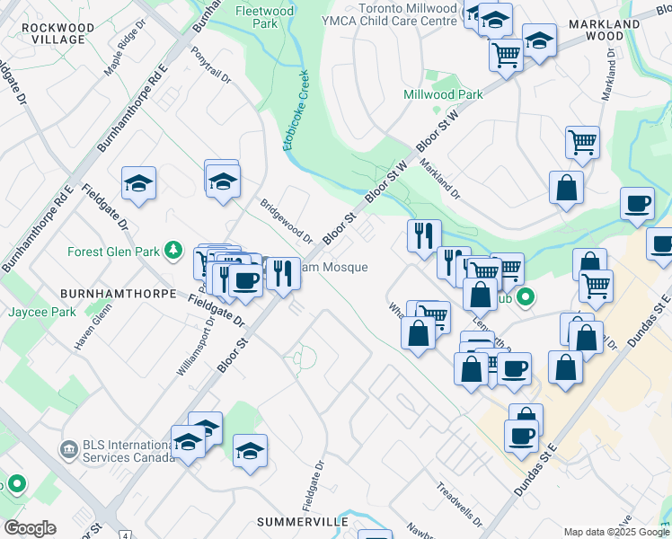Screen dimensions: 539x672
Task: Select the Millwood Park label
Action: (x=443, y=94)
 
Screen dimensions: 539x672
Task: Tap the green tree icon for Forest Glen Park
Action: (x=178, y=251)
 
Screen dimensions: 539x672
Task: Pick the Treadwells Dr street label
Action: (x=459, y=505)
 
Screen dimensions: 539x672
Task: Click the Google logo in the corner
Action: (x=30, y=528)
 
